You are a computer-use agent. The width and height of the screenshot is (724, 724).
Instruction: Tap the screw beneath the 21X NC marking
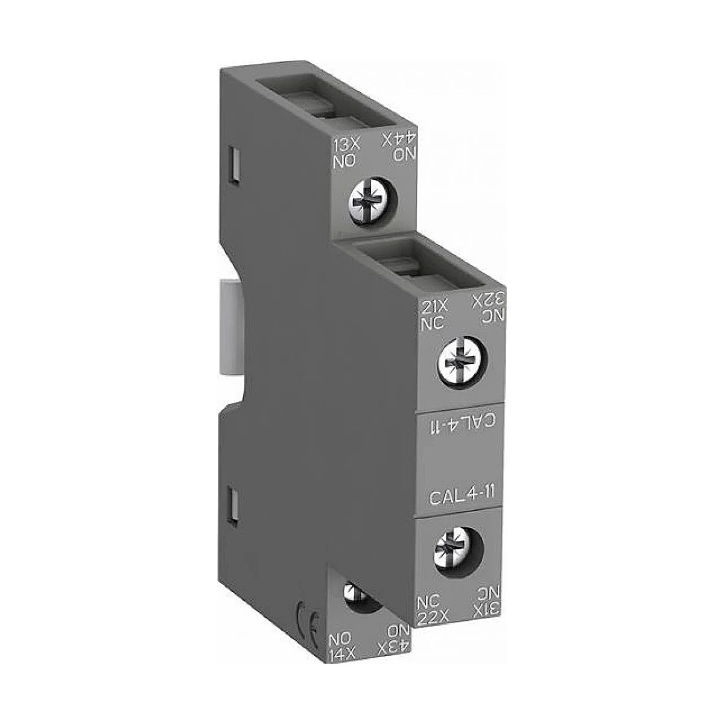(463, 364)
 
